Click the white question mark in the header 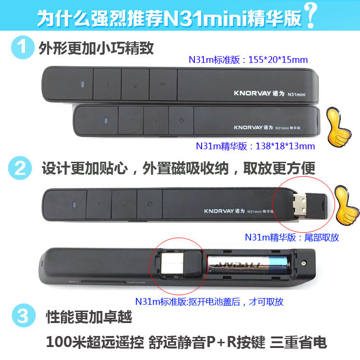[x=311, y=15]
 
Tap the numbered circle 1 [x=23, y=48]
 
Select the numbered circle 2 [x=20, y=168]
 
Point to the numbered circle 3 [x=24, y=315]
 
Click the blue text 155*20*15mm [x=278, y=60]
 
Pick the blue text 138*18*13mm [x=285, y=146]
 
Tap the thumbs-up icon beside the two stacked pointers [x=338, y=127]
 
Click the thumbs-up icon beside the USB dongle [x=347, y=205]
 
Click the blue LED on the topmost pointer [x=83, y=84]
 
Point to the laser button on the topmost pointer [x=163, y=84]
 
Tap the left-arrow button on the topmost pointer [x=107, y=84]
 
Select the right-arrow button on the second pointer [x=156, y=120]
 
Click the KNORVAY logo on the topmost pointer [x=252, y=93]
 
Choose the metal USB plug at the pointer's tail [x=300, y=205]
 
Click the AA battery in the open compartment [x=249, y=265]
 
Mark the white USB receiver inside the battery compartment [x=172, y=264]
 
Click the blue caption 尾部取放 [x=322, y=238]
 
